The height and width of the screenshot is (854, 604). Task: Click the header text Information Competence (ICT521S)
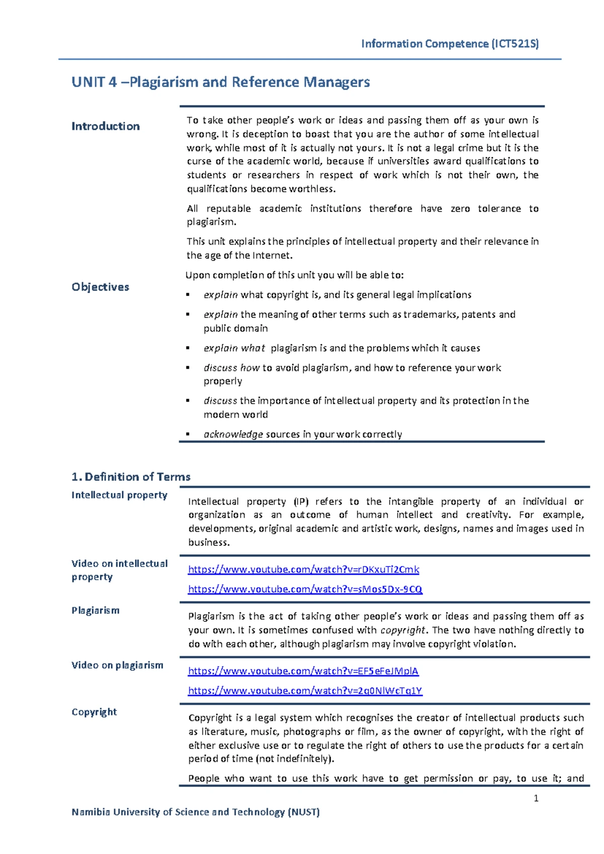pyautogui.click(x=449, y=44)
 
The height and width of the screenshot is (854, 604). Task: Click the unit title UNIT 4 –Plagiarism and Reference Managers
pyautogui.click(x=220, y=82)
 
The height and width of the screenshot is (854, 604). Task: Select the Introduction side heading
pyautogui.click(x=105, y=126)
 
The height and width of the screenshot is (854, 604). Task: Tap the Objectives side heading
pyautogui.click(x=100, y=287)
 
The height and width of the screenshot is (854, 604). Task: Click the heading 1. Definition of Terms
pyautogui.click(x=131, y=477)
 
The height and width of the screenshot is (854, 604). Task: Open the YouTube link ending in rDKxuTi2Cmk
pyautogui.click(x=303, y=570)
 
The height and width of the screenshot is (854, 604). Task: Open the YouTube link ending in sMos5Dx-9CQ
pyautogui.click(x=305, y=589)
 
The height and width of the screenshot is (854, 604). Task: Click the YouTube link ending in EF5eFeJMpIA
pyautogui.click(x=303, y=671)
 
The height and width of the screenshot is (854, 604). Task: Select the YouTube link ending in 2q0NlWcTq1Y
pyautogui.click(x=305, y=691)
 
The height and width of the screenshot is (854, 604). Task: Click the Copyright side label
pyautogui.click(x=94, y=712)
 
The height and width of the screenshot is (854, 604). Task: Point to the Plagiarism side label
pyautogui.click(x=96, y=610)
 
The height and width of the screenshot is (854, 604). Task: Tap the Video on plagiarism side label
pyautogui.click(x=117, y=665)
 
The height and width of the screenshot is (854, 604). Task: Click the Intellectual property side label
pyautogui.click(x=119, y=495)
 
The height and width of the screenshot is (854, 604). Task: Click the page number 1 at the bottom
pyautogui.click(x=536, y=798)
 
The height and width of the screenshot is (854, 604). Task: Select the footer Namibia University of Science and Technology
pyautogui.click(x=195, y=812)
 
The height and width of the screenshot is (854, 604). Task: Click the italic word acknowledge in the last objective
pyautogui.click(x=233, y=435)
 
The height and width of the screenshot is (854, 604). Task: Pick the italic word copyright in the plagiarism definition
pyautogui.click(x=403, y=630)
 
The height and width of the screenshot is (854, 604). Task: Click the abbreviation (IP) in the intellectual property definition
pyautogui.click(x=300, y=502)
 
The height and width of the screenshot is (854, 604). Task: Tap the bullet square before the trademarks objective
pyautogui.click(x=188, y=315)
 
